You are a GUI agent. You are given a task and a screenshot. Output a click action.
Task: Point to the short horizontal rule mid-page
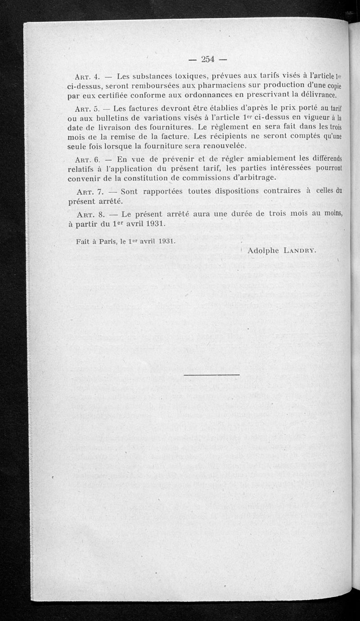click(x=212, y=374)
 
